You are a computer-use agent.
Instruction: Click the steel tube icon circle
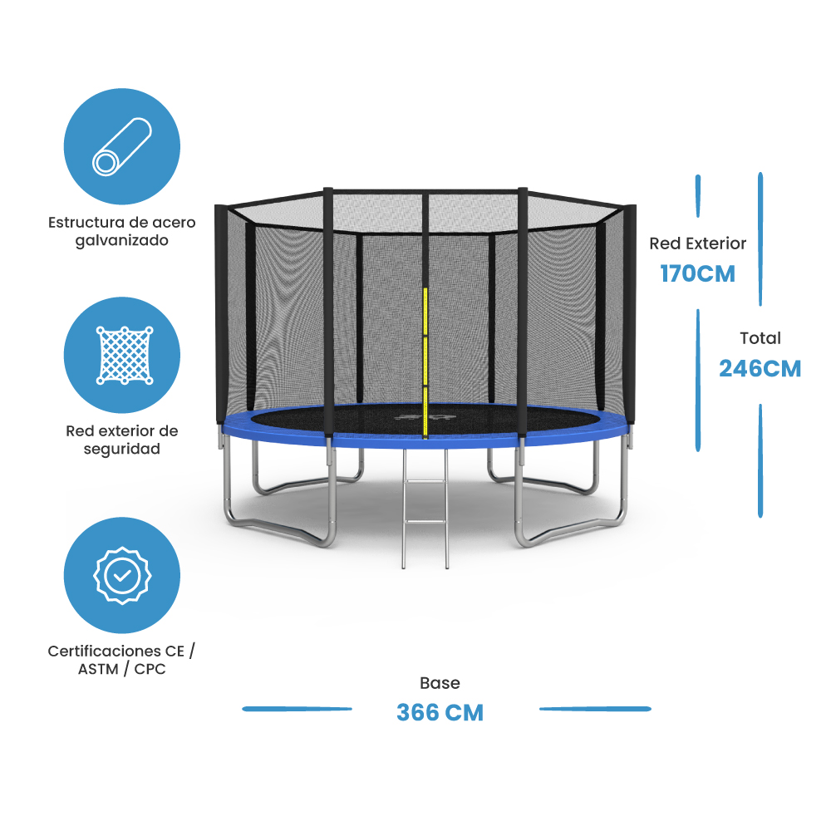pyautogui.click(x=122, y=146)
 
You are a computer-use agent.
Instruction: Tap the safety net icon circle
pyautogui.click(x=122, y=355)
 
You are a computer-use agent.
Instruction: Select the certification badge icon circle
pyautogui.click(x=122, y=575)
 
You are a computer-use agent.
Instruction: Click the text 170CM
pyautogui.click(x=698, y=273)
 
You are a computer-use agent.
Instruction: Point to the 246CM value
pyautogui.click(x=760, y=368)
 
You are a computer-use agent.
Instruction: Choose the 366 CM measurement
pyautogui.click(x=440, y=712)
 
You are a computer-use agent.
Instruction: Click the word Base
pyautogui.click(x=440, y=683)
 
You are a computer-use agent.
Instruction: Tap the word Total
pyautogui.click(x=760, y=338)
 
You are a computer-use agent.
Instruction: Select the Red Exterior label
pyautogui.click(x=698, y=243)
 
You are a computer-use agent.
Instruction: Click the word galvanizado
pyautogui.click(x=122, y=241)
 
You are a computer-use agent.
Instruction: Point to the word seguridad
pyautogui.click(x=122, y=449)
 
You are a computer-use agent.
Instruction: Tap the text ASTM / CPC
pyautogui.click(x=122, y=669)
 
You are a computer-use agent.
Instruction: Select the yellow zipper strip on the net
pyautogui.click(x=425, y=357)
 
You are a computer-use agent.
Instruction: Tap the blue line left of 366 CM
pyautogui.click(x=297, y=709)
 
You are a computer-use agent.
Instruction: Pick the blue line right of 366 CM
pyautogui.click(x=595, y=709)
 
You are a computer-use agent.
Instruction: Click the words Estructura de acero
pyautogui.click(x=122, y=223)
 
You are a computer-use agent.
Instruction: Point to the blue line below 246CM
pyautogui.click(x=760, y=461)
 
